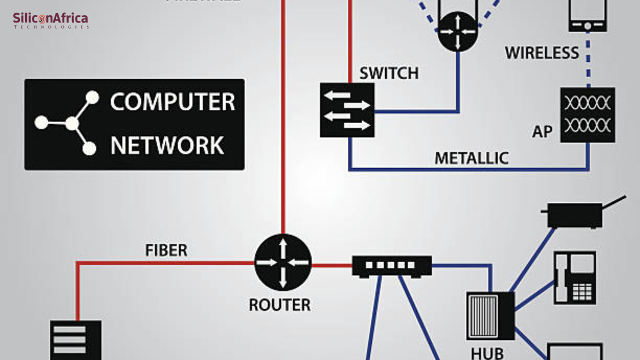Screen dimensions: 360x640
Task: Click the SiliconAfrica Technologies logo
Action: coord(50,20)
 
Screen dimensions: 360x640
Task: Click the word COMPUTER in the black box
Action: coord(172,102)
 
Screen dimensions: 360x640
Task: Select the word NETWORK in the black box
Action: coord(167,145)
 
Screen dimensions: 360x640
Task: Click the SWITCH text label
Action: coord(389,73)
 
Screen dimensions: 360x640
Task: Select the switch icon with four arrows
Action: coord(347,110)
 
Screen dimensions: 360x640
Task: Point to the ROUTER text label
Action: coord(279,304)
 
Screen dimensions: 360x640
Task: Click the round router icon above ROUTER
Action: coord(283,262)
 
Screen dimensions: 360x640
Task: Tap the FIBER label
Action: coord(166,250)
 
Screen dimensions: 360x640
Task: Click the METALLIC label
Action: coord(471,158)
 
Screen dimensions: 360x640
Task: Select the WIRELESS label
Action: coord(542,53)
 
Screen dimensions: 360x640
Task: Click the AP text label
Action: coord(542,132)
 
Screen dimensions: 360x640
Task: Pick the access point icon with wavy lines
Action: coord(587,115)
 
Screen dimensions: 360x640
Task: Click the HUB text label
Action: coord(487,353)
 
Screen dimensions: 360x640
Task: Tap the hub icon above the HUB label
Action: coord(490,316)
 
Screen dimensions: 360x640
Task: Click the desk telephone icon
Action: coord(575,277)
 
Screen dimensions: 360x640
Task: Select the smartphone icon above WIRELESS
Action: coord(587,15)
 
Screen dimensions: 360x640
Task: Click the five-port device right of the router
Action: coord(391,266)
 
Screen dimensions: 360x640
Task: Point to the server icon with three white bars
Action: coord(76,341)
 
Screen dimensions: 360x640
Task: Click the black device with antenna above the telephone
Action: coord(575,215)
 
